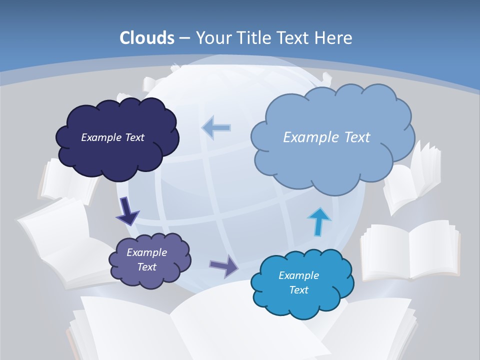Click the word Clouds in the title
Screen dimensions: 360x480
[x=147, y=37]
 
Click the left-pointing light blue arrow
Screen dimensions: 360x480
[x=216, y=128]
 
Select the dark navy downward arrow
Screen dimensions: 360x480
[x=127, y=211]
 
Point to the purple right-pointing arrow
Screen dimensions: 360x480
[x=224, y=265]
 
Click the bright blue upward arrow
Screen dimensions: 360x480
[x=319, y=221]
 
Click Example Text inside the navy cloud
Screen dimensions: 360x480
[x=112, y=137]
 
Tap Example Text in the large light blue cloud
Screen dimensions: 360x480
[x=326, y=137]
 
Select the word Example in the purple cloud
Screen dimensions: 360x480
[x=146, y=252]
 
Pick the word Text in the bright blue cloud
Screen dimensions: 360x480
[x=298, y=290]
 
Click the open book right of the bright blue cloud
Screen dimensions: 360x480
[x=410, y=250]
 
